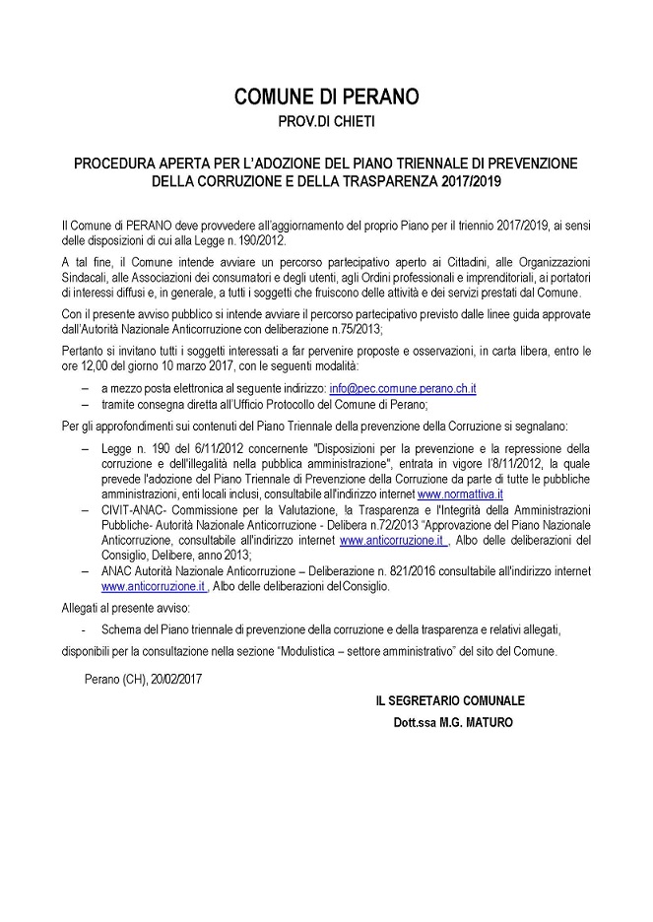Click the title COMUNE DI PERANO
point(326,97)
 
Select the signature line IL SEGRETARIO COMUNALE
point(449,700)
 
